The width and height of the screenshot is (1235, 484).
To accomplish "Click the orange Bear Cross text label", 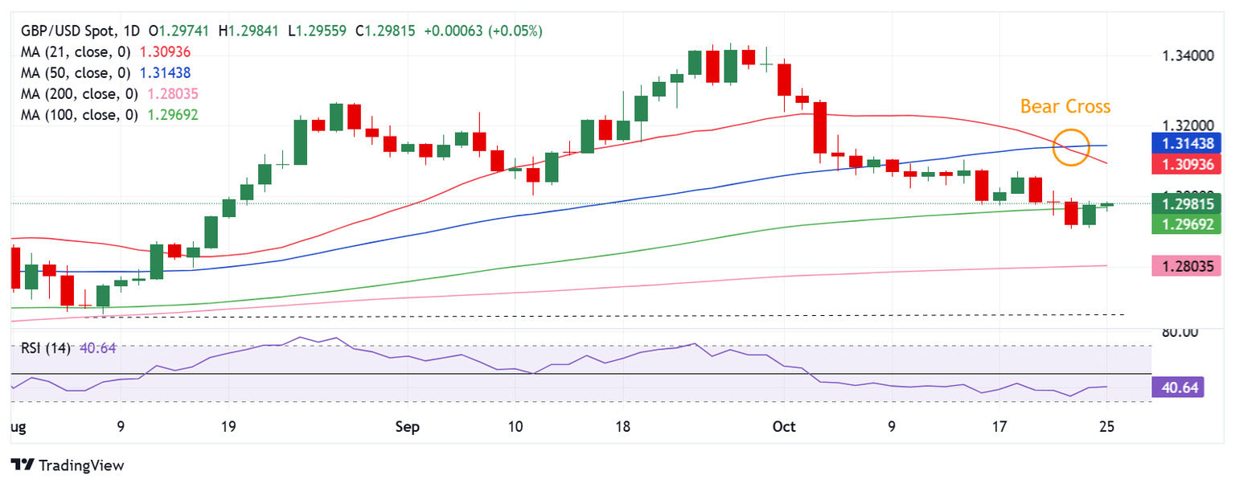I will click(1065, 106).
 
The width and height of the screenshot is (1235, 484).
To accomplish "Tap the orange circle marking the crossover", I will click(1072, 147).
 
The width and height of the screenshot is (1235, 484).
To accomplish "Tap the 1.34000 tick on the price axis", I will click(1187, 56).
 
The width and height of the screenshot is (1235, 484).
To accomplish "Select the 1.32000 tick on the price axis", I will click(1187, 126).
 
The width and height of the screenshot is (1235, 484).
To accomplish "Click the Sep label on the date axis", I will click(408, 427).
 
